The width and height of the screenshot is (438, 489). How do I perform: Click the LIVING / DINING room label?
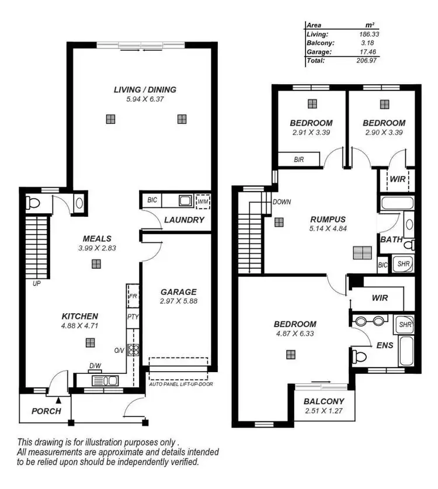pos(145,90)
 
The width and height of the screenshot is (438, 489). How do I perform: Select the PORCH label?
pos(46,411)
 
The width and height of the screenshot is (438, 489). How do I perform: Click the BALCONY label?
pos(324,401)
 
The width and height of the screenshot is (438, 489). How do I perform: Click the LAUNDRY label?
pos(184,220)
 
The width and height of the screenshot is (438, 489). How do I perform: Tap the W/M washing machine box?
pos(203,201)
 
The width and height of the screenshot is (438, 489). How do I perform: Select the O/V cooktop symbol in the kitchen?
pos(133,351)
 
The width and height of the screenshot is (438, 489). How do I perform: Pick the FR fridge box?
pos(133,296)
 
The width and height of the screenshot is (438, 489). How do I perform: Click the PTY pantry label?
pos(133,317)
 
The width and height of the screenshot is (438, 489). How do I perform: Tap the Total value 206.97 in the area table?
pos(365,60)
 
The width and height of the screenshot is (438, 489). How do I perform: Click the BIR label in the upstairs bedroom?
pos(298,159)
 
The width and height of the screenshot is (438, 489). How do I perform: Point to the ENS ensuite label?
pos(384,345)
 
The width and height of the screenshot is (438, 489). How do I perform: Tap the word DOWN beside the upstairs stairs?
pos(281,202)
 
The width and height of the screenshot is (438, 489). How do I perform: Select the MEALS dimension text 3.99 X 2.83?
pos(96,248)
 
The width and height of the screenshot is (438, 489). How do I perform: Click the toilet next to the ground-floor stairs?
pos(33,203)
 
